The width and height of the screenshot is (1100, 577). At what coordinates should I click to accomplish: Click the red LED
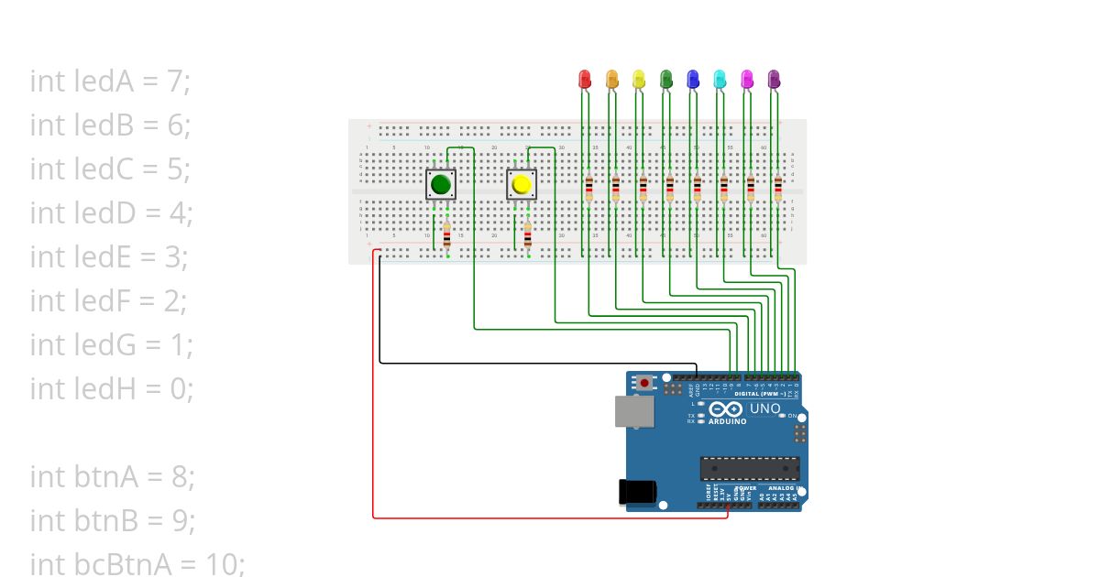click(x=585, y=79)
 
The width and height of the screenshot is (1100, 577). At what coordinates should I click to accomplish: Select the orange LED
click(x=611, y=79)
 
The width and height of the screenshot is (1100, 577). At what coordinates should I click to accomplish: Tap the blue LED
click(x=693, y=79)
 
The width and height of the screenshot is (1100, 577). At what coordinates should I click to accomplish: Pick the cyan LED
click(x=720, y=79)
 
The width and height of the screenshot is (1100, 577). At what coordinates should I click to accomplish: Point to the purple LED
click(x=774, y=79)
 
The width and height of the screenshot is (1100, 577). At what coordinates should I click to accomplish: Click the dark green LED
click(x=666, y=79)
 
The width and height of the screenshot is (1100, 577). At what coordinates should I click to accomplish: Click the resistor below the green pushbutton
click(x=447, y=234)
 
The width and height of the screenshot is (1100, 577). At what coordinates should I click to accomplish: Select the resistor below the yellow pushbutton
click(x=528, y=234)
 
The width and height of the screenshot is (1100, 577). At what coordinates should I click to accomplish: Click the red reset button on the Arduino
click(x=644, y=382)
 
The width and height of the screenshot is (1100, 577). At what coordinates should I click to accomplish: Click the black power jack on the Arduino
click(x=638, y=492)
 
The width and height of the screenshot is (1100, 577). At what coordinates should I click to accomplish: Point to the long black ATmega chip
click(x=750, y=468)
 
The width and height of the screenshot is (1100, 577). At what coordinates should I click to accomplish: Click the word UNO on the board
click(x=765, y=408)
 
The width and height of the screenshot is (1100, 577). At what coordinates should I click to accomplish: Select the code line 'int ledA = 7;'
click(x=110, y=82)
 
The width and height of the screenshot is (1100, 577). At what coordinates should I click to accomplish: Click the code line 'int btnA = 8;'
click(x=112, y=477)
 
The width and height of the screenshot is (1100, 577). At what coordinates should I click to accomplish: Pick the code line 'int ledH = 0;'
click(x=112, y=389)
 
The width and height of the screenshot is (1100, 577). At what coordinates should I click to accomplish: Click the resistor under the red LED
click(x=588, y=188)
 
